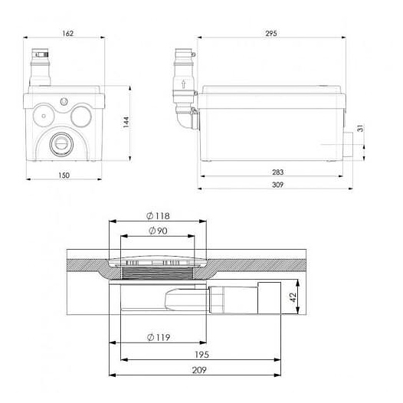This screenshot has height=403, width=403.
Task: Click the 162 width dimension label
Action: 68,34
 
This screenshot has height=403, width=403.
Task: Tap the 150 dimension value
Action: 64,175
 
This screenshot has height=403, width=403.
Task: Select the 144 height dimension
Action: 126,122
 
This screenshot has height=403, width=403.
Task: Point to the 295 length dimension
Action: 271,34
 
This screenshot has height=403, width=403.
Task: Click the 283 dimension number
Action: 278,172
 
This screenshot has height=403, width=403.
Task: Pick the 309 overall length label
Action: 278,185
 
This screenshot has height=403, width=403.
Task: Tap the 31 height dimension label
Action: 361,128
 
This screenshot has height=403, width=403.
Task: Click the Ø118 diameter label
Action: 158,216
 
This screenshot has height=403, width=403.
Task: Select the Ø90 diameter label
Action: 158,231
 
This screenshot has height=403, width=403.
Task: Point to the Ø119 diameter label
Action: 159,337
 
